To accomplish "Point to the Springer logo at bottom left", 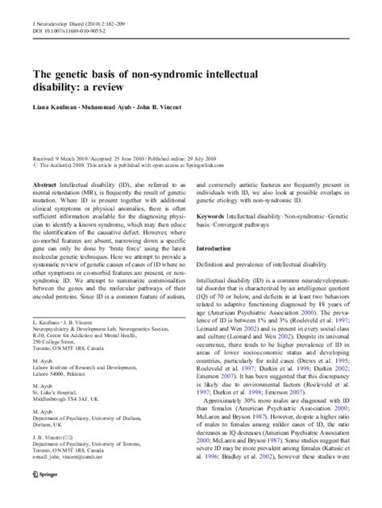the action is tap(45, 493).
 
